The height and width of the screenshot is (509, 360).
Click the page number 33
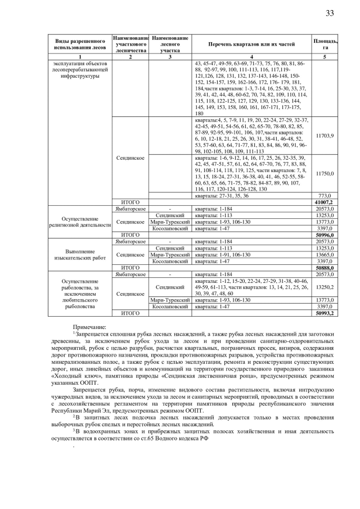(329, 13)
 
